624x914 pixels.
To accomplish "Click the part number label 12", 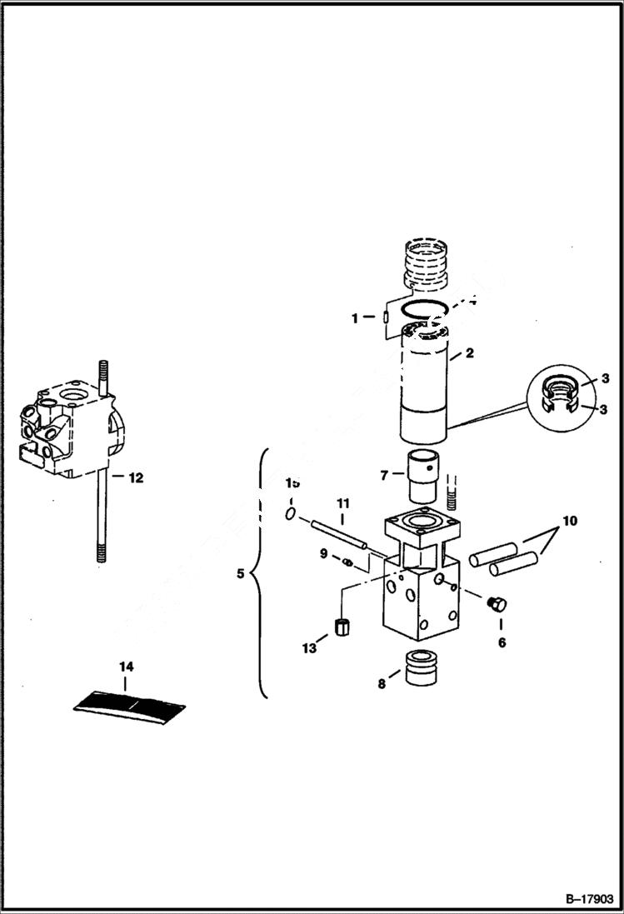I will (134, 478).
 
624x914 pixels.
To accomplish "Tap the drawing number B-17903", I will (588, 899).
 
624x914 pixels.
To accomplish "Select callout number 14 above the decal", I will (126, 667).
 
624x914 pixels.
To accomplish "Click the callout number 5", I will (241, 573).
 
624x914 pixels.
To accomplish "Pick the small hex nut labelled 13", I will (340, 627).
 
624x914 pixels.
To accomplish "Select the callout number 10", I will (569, 522).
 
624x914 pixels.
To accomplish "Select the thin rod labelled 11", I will (340, 534).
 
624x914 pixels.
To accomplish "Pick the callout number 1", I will (355, 317).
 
